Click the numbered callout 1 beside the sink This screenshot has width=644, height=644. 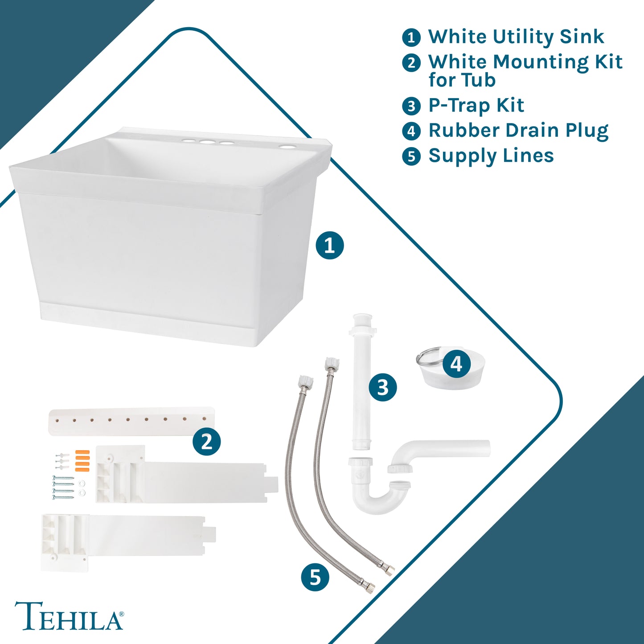[329, 246]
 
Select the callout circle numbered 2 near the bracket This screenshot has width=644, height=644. [206, 442]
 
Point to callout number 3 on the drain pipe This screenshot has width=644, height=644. [383, 388]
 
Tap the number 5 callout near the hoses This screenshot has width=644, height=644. [315, 577]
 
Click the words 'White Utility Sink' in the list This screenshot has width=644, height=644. [516, 37]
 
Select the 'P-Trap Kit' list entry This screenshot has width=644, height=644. [476, 106]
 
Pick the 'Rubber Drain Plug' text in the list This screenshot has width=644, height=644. [518, 131]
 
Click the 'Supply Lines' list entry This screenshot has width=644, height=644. [491, 156]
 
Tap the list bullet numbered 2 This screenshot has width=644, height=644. [411, 62]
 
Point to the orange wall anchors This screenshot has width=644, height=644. [82, 461]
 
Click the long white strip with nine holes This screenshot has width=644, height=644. [131, 421]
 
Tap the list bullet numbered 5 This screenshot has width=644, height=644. [411, 156]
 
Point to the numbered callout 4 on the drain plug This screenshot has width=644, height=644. [456, 364]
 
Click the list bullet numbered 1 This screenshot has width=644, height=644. [411, 37]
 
